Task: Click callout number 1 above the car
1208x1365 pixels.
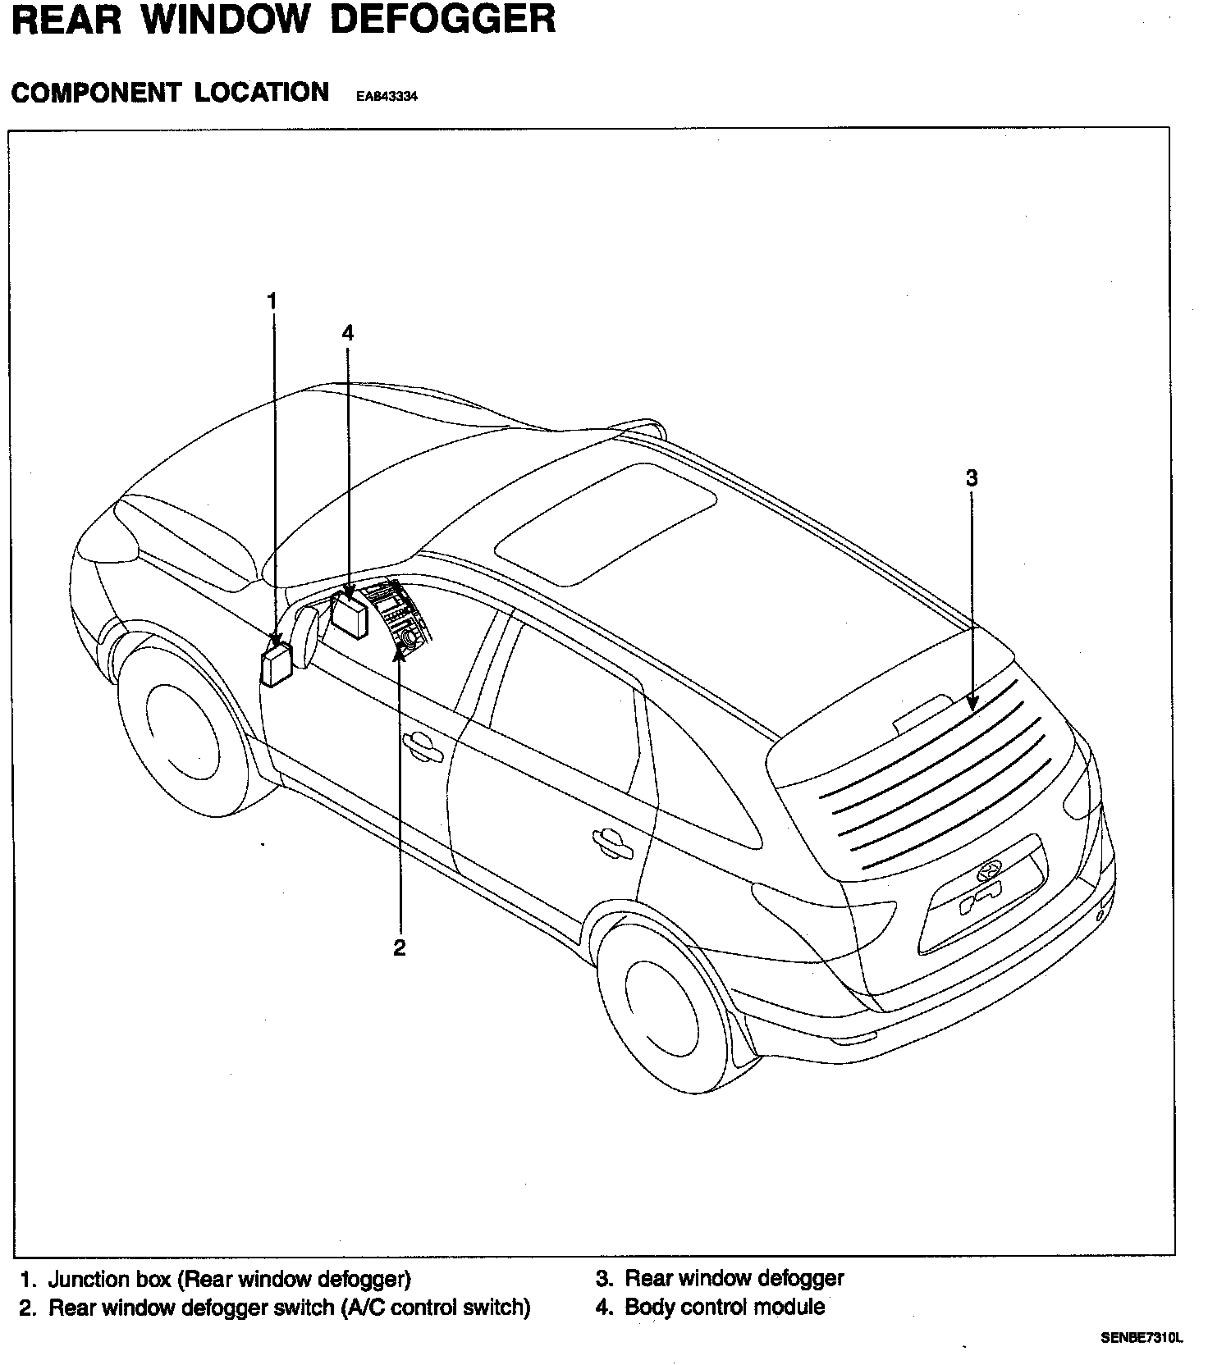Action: pos(272,301)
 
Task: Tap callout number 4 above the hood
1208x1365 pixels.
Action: pos(347,332)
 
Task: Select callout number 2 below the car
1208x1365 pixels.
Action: pos(400,948)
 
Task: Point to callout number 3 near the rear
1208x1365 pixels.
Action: pos(972,477)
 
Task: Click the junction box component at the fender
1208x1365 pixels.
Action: pos(276,664)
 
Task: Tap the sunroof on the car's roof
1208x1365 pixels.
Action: pos(606,523)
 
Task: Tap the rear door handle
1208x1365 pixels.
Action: pos(612,842)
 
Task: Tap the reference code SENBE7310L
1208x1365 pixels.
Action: pos(1142,1337)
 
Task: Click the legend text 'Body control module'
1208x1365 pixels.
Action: pos(725,1306)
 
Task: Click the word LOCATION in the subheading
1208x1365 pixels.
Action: pos(262,92)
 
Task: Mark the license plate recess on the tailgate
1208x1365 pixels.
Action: pos(982,902)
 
